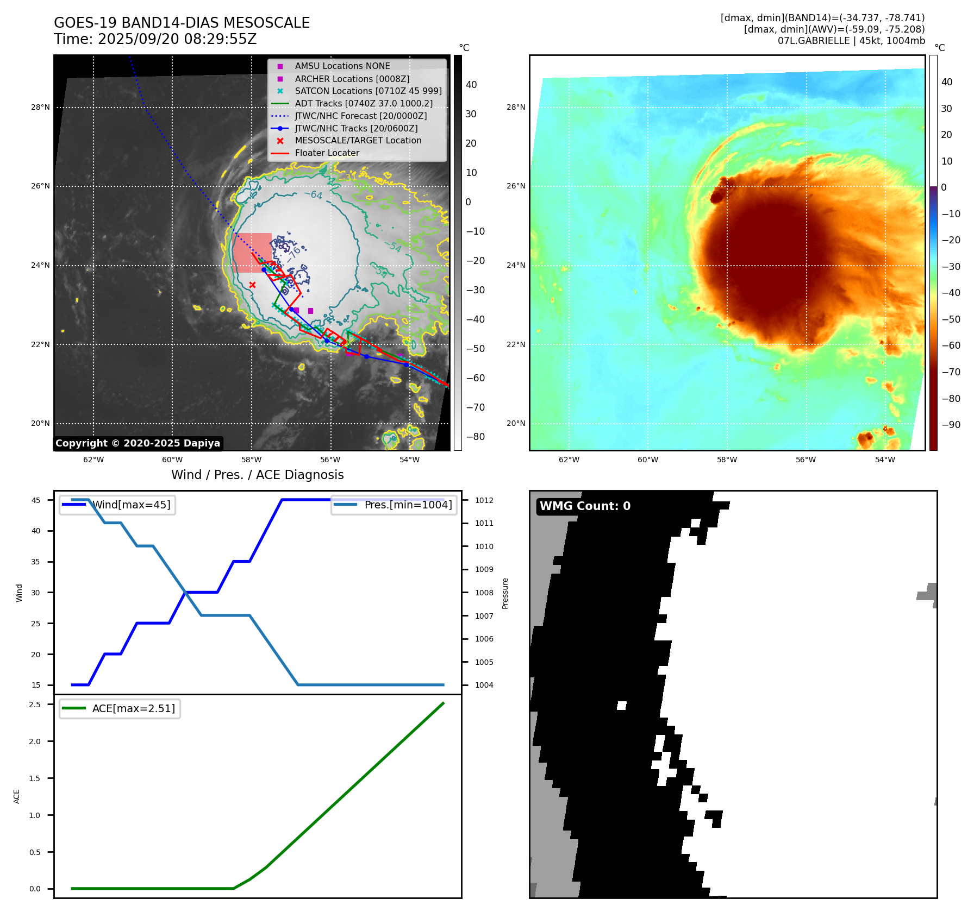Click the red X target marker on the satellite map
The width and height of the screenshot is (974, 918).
[x=252, y=285]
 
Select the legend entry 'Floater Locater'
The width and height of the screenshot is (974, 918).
[x=327, y=153]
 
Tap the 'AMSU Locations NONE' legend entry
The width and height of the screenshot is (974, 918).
[x=342, y=66]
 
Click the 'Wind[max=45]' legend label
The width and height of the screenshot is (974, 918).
[x=131, y=505]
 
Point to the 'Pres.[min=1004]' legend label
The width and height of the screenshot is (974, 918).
[x=408, y=505]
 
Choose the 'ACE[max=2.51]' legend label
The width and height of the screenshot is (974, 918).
[x=133, y=708]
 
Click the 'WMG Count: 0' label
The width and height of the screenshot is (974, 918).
[x=585, y=506]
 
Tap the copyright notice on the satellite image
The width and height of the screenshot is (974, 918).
[x=138, y=443]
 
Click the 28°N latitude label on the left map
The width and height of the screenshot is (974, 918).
[x=40, y=108]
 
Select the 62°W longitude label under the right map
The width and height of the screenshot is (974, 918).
[x=569, y=460]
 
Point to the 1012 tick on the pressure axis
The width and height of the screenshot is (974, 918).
[x=484, y=500]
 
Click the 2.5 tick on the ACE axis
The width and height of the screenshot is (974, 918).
[x=35, y=705]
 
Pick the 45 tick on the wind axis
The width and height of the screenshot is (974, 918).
[x=36, y=500]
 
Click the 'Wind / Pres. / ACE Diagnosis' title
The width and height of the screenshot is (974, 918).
[x=257, y=475]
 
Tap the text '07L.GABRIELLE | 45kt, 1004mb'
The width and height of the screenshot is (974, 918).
[x=851, y=41]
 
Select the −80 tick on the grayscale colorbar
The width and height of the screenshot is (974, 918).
[x=475, y=437]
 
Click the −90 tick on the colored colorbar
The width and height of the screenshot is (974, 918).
[x=951, y=425]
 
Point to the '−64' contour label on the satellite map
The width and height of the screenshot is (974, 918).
[x=313, y=194]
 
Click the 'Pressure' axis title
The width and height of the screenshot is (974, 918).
[x=505, y=593]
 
